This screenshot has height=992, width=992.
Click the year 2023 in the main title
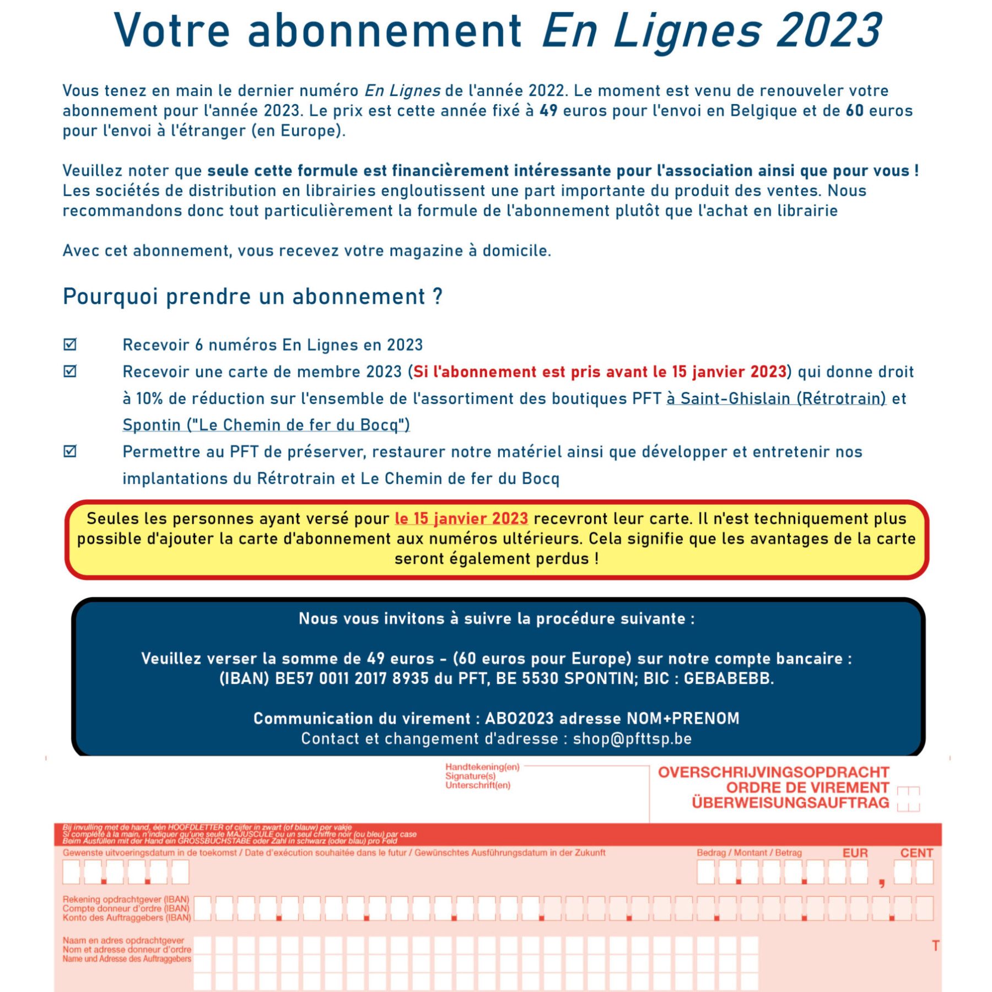tap(829, 30)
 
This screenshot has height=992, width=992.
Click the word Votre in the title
tap(171, 30)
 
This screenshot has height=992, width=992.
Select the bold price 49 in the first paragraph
tap(548, 111)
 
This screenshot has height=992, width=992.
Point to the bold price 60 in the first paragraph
tap(854, 111)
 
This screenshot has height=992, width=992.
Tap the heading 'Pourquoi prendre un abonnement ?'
tap(252, 296)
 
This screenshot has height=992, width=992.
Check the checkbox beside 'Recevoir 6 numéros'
tap(70, 344)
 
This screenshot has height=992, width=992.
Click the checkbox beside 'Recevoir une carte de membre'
tap(70, 371)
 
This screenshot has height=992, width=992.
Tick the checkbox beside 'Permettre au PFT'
tap(70, 451)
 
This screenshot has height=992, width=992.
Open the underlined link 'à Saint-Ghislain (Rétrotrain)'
tap(776, 398)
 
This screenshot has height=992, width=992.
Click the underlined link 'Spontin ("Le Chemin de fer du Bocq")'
tap(266, 425)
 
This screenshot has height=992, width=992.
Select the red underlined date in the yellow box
tap(461, 519)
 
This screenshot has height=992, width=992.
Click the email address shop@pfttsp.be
tap(632, 738)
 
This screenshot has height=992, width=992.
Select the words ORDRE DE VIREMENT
tap(807, 788)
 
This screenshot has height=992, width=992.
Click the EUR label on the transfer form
tap(855, 853)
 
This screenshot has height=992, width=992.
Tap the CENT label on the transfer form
tap(916, 853)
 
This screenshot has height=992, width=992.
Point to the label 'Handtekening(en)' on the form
tap(482, 767)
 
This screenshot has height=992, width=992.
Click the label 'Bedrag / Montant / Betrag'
tap(749, 853)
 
